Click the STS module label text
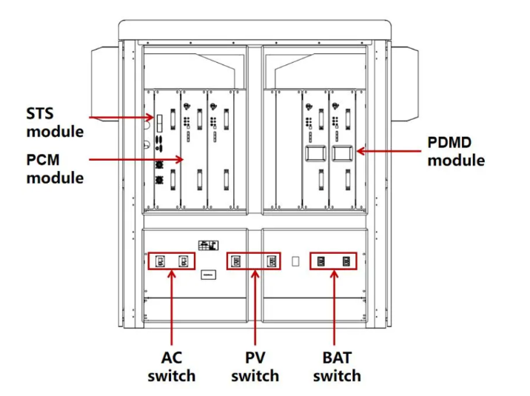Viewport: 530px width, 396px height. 55,122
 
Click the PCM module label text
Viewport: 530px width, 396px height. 55,169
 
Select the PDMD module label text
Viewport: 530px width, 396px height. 456,152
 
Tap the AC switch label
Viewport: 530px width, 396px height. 172,367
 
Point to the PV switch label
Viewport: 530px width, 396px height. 255,367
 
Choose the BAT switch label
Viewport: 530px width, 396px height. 337,367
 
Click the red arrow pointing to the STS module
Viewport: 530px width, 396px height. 121,118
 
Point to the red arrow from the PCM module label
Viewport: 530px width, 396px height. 136,159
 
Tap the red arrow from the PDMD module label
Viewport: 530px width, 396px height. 389,151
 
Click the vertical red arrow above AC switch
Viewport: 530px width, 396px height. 172,307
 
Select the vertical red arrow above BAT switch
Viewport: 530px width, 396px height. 334,307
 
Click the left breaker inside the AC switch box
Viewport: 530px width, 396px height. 160,261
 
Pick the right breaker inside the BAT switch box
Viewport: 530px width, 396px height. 346,261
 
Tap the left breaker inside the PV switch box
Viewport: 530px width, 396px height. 236,261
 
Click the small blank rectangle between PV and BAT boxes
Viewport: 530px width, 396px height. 295,261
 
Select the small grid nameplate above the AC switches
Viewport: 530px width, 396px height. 208,245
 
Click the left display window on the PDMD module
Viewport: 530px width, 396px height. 315,153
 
